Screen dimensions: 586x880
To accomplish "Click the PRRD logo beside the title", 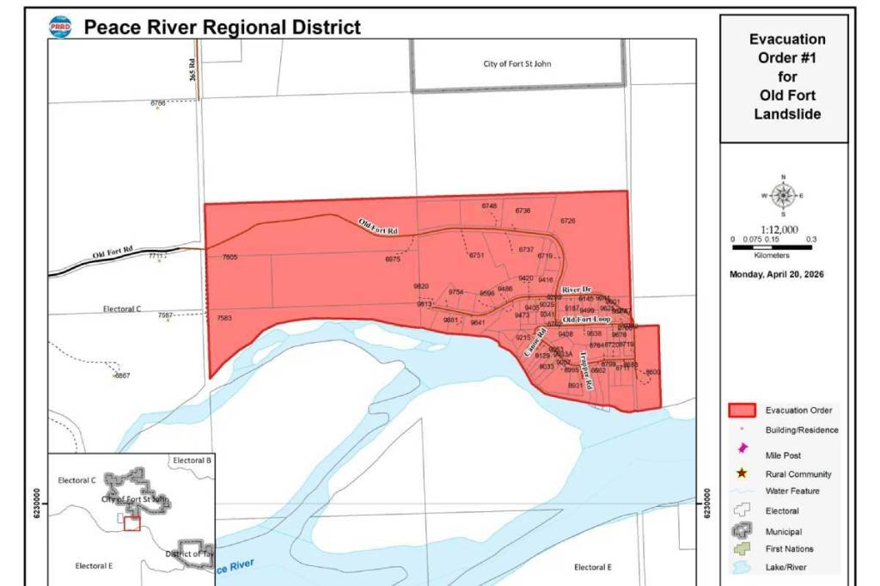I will coord(61,27).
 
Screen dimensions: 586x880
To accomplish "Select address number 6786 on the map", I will coord(158,103).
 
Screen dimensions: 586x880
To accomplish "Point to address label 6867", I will coord(122,375).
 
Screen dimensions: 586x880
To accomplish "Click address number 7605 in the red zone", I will coord(229,258).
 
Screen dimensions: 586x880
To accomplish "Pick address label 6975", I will coord(393,259).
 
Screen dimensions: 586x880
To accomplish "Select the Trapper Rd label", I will coord(587,370).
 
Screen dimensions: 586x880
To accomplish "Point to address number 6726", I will coord(568,222).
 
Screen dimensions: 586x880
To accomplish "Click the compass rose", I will coord(783,195).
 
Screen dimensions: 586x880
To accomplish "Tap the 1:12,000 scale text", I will coord(779,229).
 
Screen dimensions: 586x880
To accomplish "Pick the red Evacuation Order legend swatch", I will coord(741,411).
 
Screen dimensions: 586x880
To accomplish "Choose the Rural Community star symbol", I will coord(741,473).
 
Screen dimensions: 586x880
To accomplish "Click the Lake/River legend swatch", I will coord(741,567).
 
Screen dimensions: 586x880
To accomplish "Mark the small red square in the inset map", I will coord(131,523).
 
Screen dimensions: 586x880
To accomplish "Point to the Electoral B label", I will coord(192,461).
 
